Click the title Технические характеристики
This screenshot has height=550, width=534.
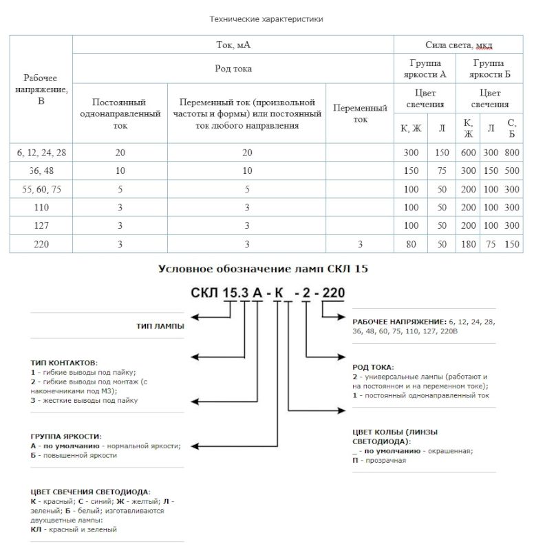tap(266, 19)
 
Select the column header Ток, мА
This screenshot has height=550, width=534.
tap(233, 45)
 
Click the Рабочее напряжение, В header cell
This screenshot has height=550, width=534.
tap(41, 89)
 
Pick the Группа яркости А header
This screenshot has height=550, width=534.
tap(425, 69)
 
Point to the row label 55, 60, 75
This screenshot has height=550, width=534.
tap(41, 189)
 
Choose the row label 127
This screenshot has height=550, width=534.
tap(41, 225)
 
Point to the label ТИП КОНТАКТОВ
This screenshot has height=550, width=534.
tap(64, 362)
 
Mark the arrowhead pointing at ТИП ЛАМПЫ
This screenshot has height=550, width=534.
tap(195, 316)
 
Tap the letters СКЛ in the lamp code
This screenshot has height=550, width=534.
tap(204, 294)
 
